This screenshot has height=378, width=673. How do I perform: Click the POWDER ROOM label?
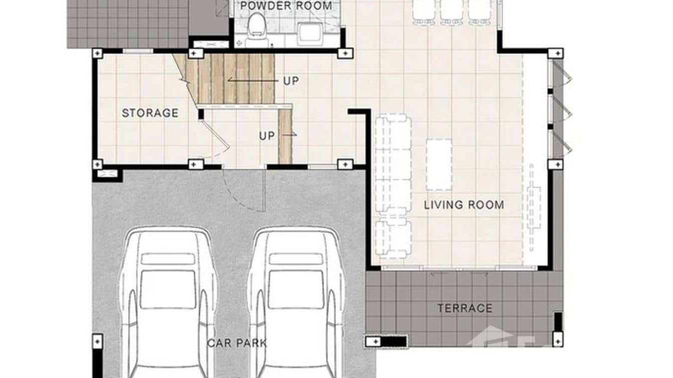click(286, 6)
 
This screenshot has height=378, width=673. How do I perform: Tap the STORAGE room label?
click(150, 113)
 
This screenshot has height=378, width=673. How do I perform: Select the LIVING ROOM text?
click(464, 205)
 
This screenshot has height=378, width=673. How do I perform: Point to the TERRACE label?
click(465, 308)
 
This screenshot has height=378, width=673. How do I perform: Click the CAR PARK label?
click(237, 343)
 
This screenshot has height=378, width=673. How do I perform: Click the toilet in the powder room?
click(257, 25)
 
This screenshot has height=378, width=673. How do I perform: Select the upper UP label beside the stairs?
click(291, 81)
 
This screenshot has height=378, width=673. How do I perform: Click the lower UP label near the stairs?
click(267, 136)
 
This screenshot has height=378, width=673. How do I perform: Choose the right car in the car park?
click(296, 301)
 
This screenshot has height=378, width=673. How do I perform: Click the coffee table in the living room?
click(439, 164)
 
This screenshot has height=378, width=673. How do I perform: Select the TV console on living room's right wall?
click(534, 206)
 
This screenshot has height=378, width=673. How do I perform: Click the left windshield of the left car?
click(167, 289)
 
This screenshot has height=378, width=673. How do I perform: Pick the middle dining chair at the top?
click(452, 11)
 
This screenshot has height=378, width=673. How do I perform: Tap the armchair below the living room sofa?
click(394, 238)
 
